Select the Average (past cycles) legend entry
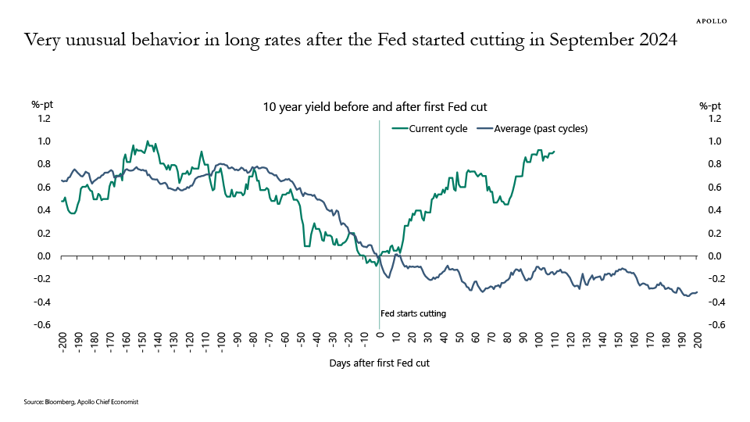coord(531,128)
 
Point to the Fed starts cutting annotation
coord(413,313)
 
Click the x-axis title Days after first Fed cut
coord(380,363)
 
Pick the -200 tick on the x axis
coord(62,342)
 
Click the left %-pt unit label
coord(42,105)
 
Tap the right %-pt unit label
coord(710,105)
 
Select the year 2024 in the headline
coord(656,41)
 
